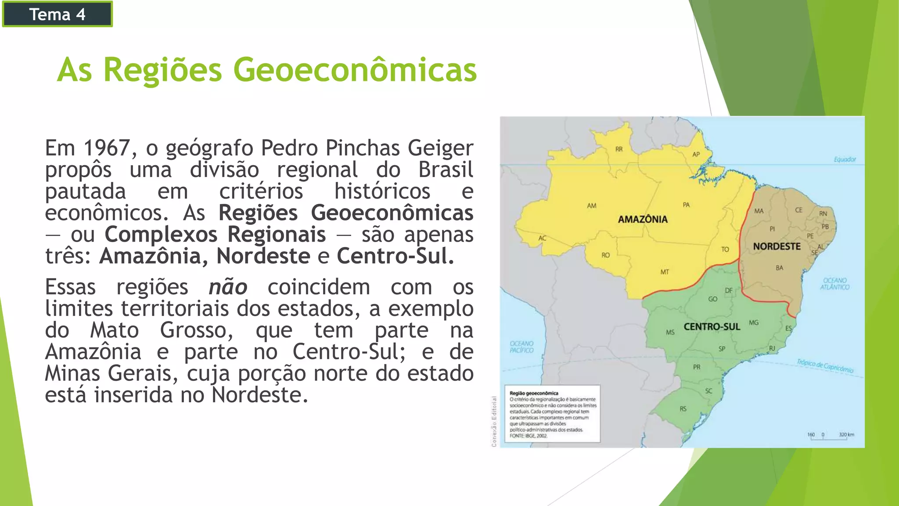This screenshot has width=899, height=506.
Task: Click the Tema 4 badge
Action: pyautogui.click(x=57, y=14)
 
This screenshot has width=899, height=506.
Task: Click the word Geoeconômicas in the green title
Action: pyautogui.click(x=355, y=70)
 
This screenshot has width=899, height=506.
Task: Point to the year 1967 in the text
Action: pyautogui.click(x=107, y=148)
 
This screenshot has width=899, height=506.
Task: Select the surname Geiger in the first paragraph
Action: pyautogui.click(x=440, y=148)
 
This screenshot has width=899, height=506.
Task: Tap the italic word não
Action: pyautogui.click(x=228, y=288)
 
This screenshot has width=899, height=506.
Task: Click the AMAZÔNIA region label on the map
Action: pyautogui.click(x=643, y=219)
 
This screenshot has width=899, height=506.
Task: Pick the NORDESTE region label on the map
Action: pyautogui.click(x=777, y=246)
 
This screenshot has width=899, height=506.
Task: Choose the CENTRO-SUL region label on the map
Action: pyautogui.click(x=712, y=327)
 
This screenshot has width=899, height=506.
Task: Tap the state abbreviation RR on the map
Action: pyautogui.click(x=619, y=149)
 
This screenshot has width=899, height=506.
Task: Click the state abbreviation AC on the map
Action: pyautogui.click(x=543, y=238)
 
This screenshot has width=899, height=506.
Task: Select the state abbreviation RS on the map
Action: pyautogui.click(x=683, y=409)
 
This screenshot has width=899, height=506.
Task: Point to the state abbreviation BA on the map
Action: pyautogui.click(x=779, y=267)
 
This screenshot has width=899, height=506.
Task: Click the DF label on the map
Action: pyautogui.click(x=729, y=290)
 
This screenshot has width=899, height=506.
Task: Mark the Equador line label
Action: pyautogui.click(x=845, y=159)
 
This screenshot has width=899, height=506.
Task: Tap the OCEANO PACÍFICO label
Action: pyautogui.click(x=521, y=347)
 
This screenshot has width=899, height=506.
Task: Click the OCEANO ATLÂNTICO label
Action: pyautogui.click(x=834, y=284)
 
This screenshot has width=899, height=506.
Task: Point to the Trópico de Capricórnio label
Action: pyautogui.click(x=825, y=366)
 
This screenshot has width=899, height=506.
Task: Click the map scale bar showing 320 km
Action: pyautogui.click(x=831, y=436)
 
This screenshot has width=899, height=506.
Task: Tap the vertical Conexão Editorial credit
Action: pyautogui.click(x=494, y=421)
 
